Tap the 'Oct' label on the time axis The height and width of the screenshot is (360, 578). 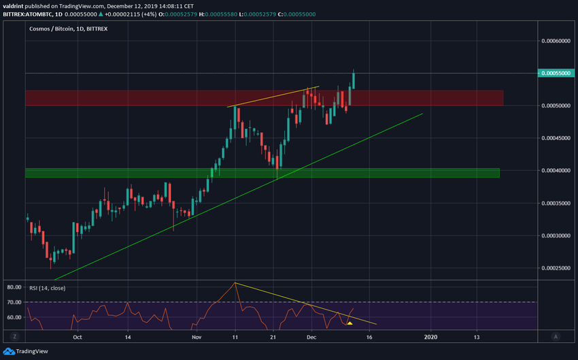pyautogui.click(x=77, y=337)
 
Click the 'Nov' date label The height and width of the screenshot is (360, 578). pyautogui.click(x=196, y=337)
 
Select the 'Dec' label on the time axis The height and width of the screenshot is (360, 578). pyautogui.click(x=310, y=337)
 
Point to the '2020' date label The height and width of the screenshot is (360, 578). pyautogui.click(x=430, y=337)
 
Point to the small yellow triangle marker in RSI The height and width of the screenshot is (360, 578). pyautogui.click(x=350, y=323)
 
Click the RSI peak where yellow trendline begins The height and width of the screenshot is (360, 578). pyautogui.click(x=235, y=282)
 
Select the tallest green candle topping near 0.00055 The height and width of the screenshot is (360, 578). pyautogui.click(x=354, y=80)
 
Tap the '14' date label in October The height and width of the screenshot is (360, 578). pyautogui.click(x=128, y=337)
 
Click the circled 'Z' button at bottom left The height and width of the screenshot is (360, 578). pyautogui.click(x=14, y=336)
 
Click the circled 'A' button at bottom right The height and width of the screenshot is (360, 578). pyautogui.click(x=556, y=336)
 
